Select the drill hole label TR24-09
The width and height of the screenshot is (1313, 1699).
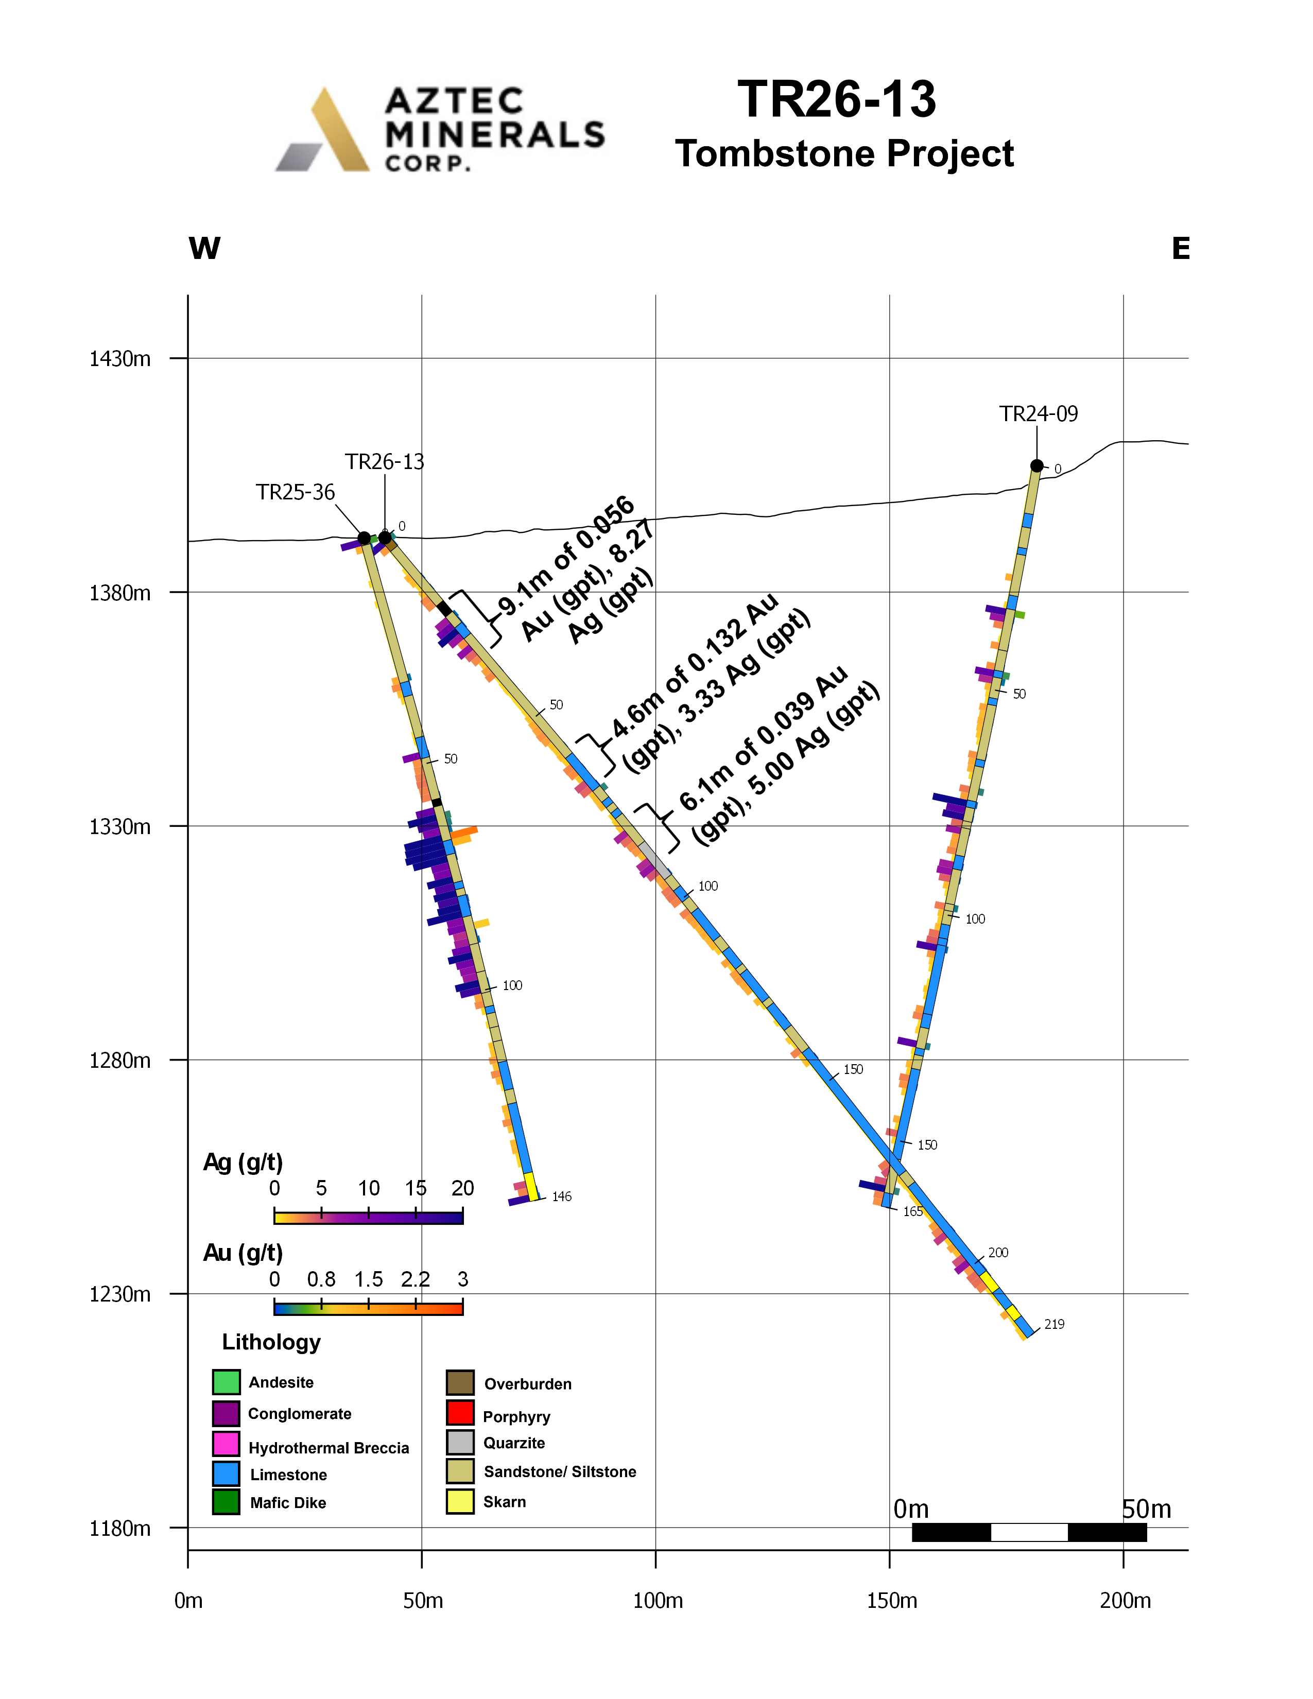pyautogui.click(x=1039, y=414)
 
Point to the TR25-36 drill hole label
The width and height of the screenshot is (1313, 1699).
pyautogui.click(x=296, y=492)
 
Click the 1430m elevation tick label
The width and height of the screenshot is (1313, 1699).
pyautogui.click(x=120, y=359)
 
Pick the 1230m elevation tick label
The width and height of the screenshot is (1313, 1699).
pyautogui.click(x=120, y=1294)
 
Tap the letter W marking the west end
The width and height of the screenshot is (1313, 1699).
pyautogui.click(x=204, y=249)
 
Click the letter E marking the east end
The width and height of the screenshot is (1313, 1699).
pyautogui.click(x=1180, y=249)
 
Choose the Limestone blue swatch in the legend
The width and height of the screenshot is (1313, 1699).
pyautogui.click(x=226, y=1473)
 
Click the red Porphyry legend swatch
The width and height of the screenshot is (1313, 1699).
pyautogui.click(x=460, y=1412)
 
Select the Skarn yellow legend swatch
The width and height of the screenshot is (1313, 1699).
pyautogui.click(x=460, y=1501)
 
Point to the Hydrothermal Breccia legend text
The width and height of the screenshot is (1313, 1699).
pyautogui.click(x=329, y=1448)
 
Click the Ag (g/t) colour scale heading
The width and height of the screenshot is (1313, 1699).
pyautogui.click(x=243, y=1162)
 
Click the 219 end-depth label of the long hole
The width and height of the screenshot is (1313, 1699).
pyautogui.click(x=1054, y=1324)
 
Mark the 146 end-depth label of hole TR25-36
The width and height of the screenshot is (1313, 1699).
pyautogui.click(x=562, y=1197)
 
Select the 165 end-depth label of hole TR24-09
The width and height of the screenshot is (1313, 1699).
pyautogui.click(x=912, y=1211)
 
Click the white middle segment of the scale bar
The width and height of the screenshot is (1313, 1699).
pyautogui.click(x=1029, y=1532)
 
